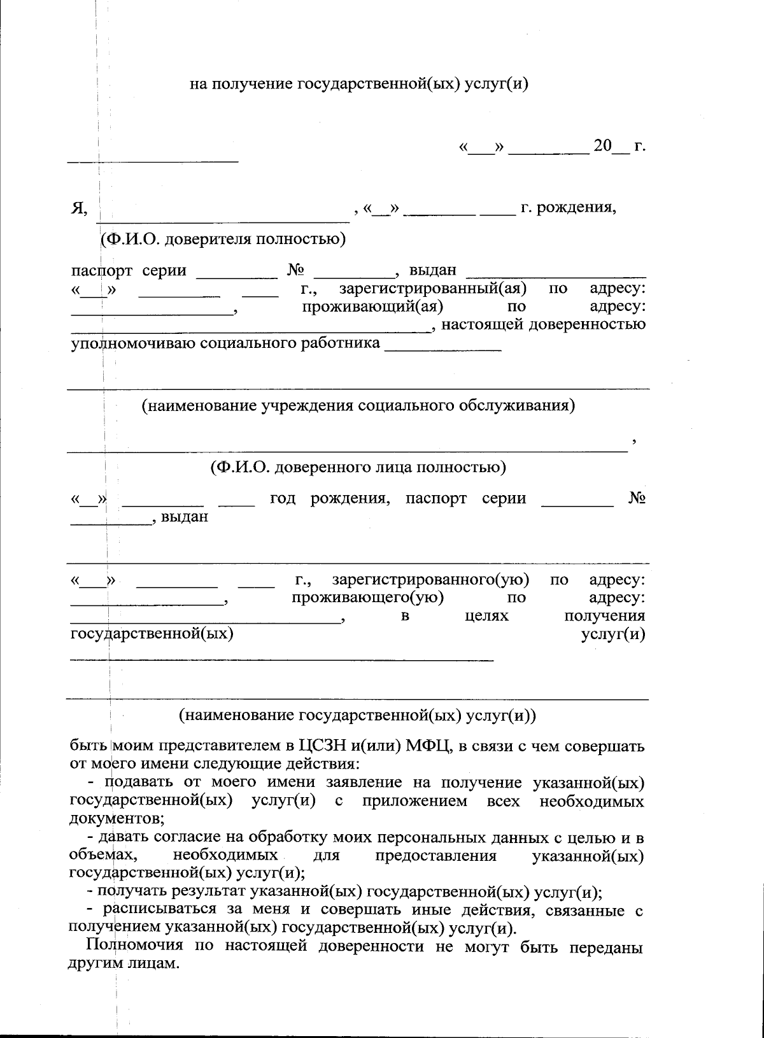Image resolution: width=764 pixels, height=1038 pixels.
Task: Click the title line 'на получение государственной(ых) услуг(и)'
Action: tap(360, 84)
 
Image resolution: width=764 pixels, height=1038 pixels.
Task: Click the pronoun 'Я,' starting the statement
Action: tap(79, 208)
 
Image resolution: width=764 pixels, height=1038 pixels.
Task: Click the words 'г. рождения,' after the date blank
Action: tap(568, 208)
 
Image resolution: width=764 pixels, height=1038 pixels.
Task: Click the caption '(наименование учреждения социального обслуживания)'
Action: tap(358, 405)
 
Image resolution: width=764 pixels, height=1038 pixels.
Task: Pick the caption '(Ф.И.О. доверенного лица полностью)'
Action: tap(358, 467)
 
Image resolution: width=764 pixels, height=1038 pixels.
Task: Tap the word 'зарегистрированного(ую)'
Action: tap(430, 580)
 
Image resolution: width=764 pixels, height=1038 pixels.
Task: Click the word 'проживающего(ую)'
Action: tap(367, 598)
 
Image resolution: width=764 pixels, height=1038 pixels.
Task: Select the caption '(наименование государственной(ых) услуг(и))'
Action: tap(358, 714)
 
